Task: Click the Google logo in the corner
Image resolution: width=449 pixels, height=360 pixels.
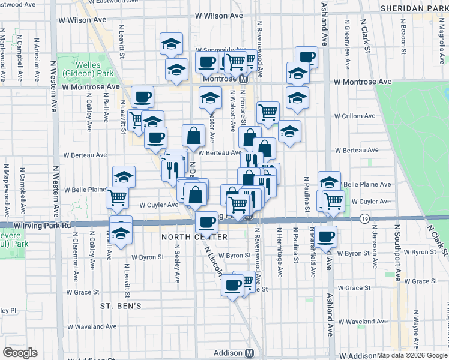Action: [20, 353]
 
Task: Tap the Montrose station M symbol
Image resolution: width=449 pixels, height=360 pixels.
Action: [244, 79]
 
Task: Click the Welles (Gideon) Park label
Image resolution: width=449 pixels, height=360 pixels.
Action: [94, 68]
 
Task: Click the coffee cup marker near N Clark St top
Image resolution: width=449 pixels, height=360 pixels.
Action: [306, 56]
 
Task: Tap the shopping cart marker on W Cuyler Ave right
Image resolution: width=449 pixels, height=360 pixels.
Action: [333, 201]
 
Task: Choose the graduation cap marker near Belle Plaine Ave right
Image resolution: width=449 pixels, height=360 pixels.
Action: [329, 182]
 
